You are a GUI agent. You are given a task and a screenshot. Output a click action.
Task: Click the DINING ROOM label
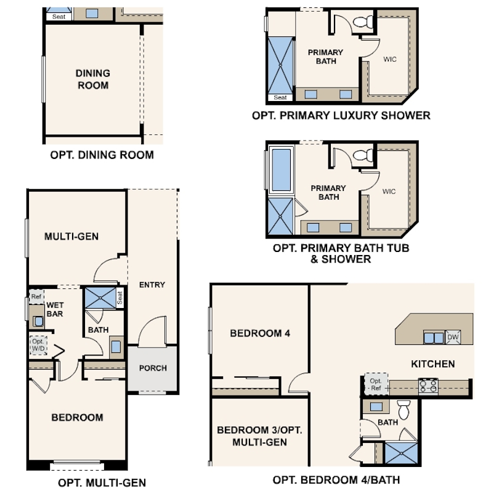pyautogui.click(x=93, y=79)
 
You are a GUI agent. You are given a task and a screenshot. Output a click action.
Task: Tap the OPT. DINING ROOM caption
pyautogui.click(x=102, y=155)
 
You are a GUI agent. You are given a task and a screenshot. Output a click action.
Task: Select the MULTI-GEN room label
pyautogui.click(x=71, y=236)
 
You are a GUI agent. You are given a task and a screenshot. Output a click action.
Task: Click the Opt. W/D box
pyautogui.click(x=38, y=345)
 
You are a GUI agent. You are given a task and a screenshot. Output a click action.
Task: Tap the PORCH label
pyautogui.click(x=153, y=368)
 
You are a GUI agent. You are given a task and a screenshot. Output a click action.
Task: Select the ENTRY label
pyautogui.click(x=152, y=285)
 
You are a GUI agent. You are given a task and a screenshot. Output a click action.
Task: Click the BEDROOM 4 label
pyautogui.click(x=260, y=333)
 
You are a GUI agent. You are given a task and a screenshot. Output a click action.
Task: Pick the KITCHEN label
pyautogui.click(x=433, y=363)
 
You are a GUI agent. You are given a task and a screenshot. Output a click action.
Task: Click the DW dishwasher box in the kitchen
pyautogui.click(x=453, y=337)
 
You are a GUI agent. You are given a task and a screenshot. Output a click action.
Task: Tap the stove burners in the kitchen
pyautogui.click(x=428, y=386)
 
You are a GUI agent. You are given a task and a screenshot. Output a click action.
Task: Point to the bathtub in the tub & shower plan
pyautogui.click(x=281, y=169)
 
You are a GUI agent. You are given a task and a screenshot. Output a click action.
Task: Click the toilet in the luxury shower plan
pyautogui.click(x=365, y=23)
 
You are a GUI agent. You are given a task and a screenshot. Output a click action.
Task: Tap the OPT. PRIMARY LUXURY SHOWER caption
pyautogui.click(x=341, y=115)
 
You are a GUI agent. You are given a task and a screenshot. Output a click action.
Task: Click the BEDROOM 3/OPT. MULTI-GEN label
pyautogui.click(x=260, y=436)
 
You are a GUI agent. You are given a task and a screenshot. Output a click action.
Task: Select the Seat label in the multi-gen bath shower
pyautogui.click(x=120, y=298)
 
